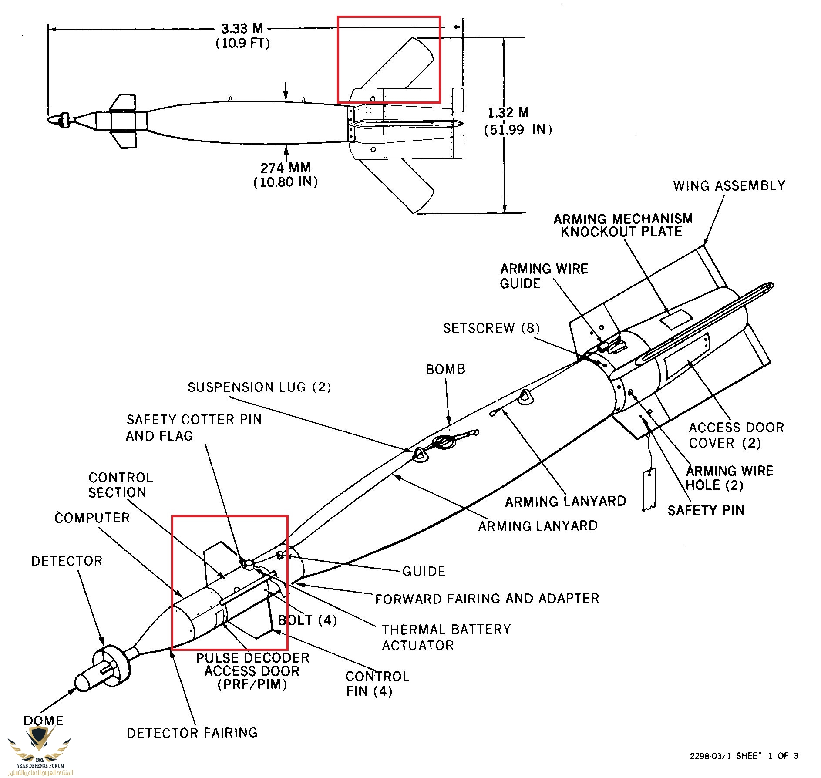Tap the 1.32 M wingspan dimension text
click(508, 113)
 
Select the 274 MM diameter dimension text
click(286, 168)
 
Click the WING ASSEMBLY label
click(729, 186)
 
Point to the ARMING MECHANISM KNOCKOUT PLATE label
click(622, 225)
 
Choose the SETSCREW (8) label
click(491, 328)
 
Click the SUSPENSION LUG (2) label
click(259, 387)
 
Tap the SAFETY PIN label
click(706, 510)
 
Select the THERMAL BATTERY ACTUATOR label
click(446, 637)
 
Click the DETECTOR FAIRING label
click(192, 733)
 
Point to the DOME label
click(43, 721)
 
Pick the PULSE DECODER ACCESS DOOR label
click(252, 671)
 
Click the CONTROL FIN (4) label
click(377, 684)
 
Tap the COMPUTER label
click(92, 518)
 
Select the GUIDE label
click(424, 571)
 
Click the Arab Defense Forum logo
click(40, 754)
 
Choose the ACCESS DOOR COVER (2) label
click(736, 435)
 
